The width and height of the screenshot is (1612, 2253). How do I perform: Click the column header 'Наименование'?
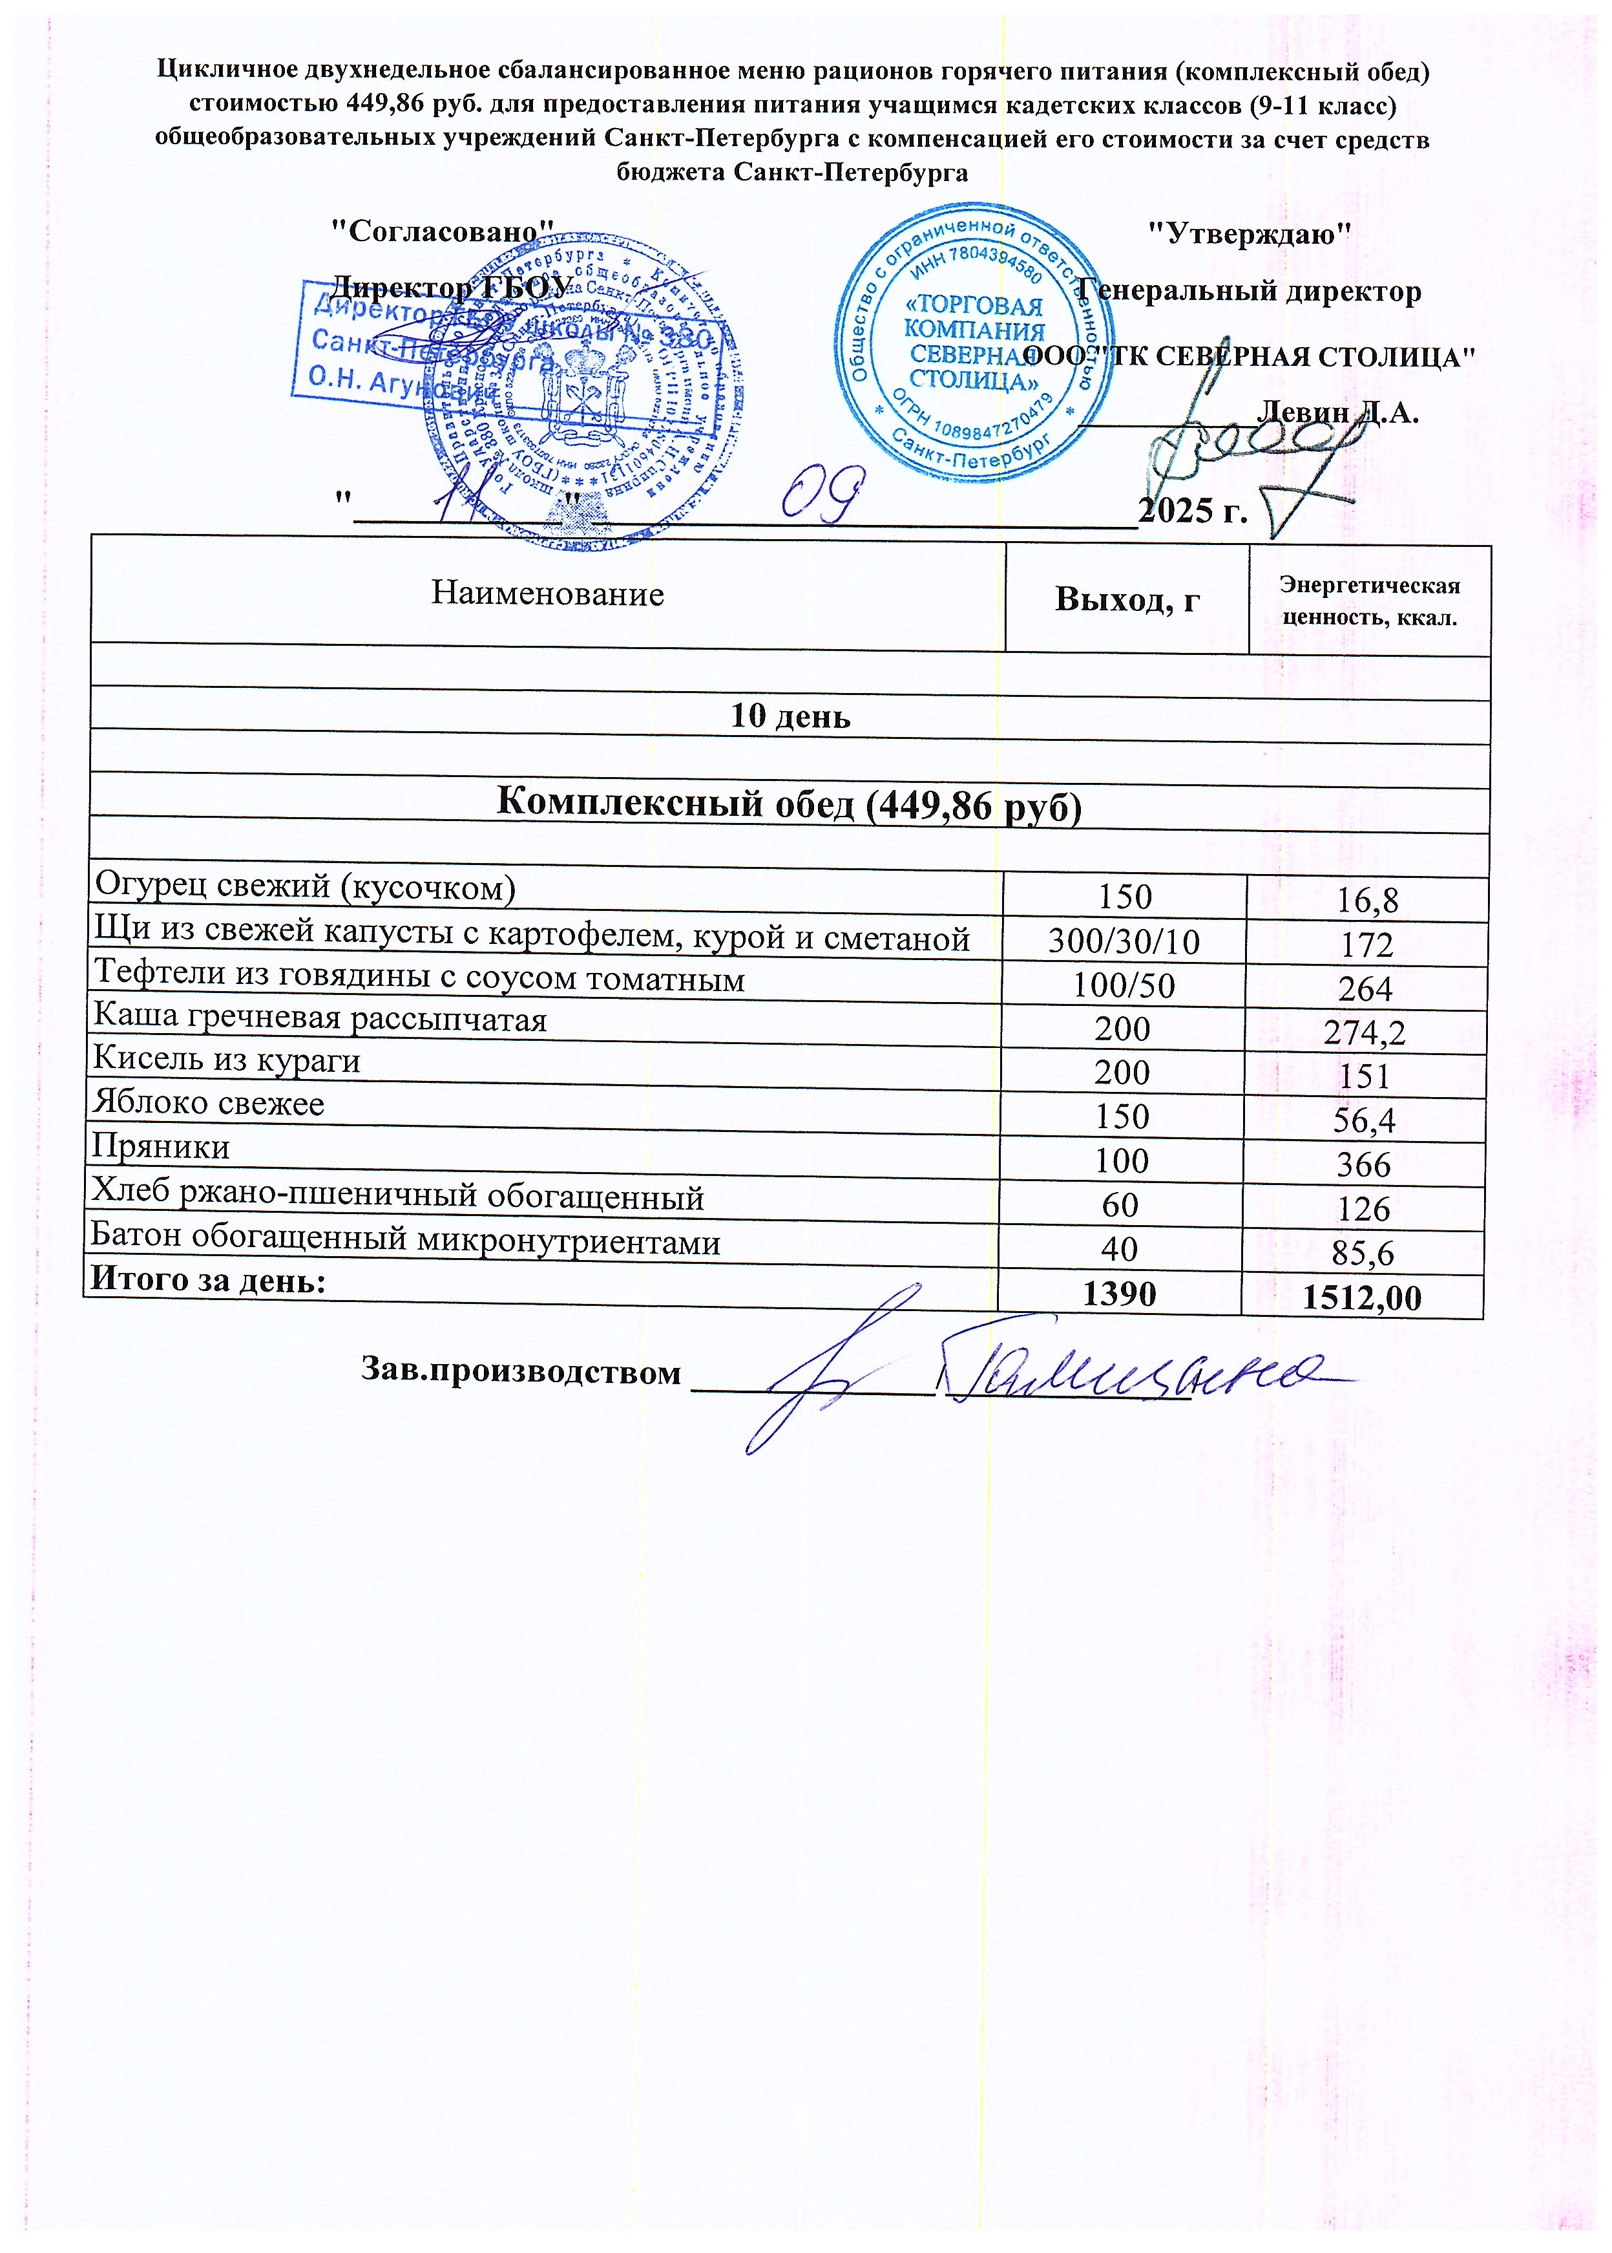(x=547, y=593)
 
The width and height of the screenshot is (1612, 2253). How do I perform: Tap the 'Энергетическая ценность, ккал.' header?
(x=1370, y=601)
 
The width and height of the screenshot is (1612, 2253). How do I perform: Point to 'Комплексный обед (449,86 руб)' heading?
(x=788, y=804)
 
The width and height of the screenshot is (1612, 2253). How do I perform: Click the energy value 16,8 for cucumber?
(x=1367, y=900)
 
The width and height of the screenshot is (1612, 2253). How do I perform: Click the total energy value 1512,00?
(x=1362, y=1297)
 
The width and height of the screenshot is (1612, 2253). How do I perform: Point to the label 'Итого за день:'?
(x=209, y=1280)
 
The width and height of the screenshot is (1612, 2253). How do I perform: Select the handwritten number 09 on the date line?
(x=821, y=497)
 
